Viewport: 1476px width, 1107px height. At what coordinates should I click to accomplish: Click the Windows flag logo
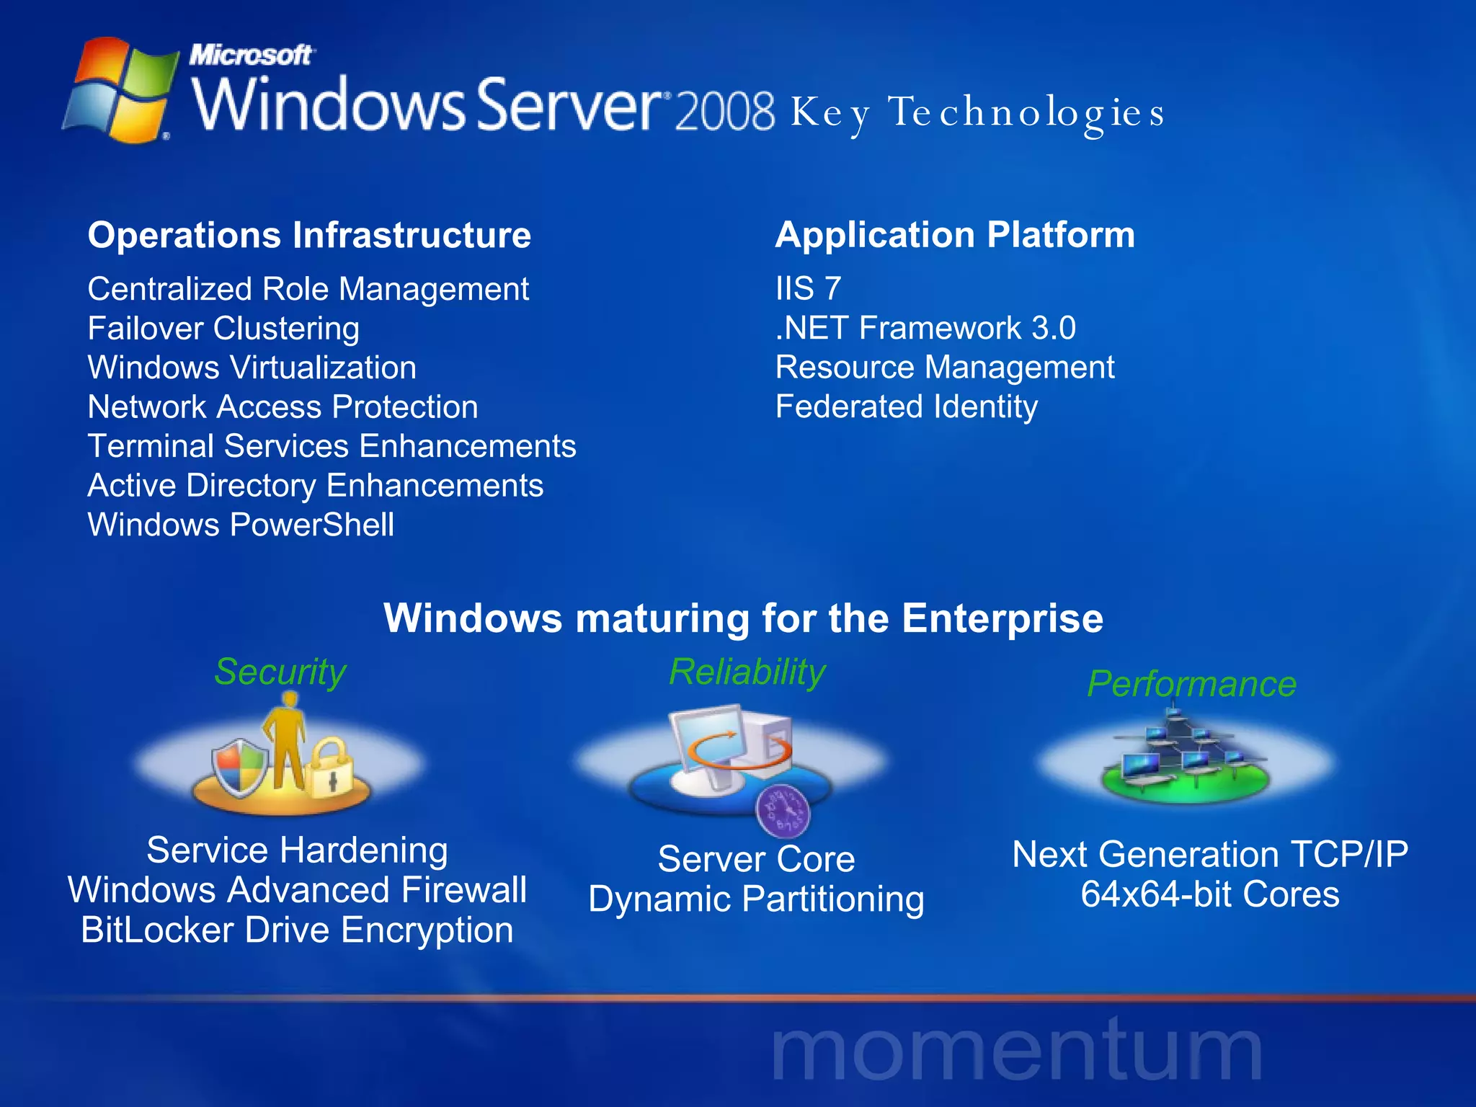(x=120, y=90)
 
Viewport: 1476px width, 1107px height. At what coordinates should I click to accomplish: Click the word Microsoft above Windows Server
(x=250, y=55)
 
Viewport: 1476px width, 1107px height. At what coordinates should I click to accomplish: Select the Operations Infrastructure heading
(x=309, y=236)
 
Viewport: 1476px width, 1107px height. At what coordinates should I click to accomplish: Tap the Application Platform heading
(x=955, y=235)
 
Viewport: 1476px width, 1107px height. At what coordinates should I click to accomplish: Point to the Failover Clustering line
(x=223, y=329)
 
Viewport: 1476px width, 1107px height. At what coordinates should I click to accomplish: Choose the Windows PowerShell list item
(x=241, y=525)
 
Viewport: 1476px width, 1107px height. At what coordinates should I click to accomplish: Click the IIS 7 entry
(x=808, y=289)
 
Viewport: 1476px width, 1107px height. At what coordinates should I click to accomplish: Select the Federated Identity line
(x=907, y=406)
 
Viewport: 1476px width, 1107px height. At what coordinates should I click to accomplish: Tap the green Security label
(x=280, y=672)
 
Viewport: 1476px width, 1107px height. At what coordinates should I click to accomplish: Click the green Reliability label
(x=747, y=672)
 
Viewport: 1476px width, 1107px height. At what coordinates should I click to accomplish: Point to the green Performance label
(x=1191, y=684)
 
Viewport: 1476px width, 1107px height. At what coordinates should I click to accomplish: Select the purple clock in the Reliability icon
(x=783, y=811)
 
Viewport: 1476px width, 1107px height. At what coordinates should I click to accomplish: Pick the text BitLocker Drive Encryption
(x=297, y=930)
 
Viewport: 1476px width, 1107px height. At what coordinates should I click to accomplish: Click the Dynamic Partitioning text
(x=756, y=899)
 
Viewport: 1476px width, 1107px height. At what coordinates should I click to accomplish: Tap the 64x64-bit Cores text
(x=1210, y=894)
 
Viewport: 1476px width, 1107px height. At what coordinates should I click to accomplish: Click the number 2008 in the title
(x=725, y=112)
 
